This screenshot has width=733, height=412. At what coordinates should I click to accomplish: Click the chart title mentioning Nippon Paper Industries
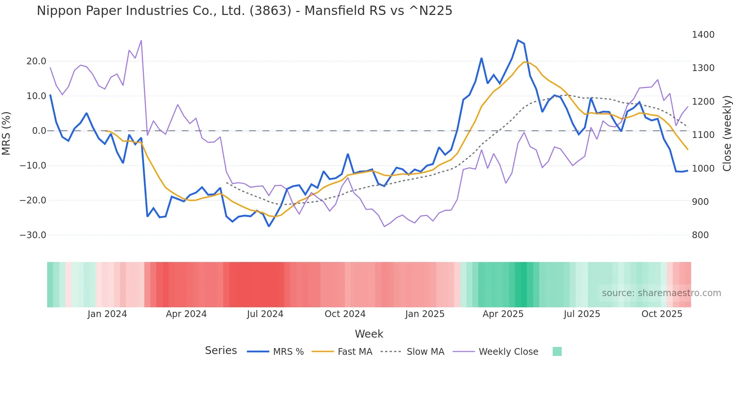[244, 11]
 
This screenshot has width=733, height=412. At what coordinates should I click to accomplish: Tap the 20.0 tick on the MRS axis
[36, 61]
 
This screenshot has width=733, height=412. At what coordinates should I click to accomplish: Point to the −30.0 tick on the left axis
[33, 235]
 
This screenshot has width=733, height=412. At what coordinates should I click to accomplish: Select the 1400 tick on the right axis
[703, 35]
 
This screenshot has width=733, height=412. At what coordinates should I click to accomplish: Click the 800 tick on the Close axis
[700, 235]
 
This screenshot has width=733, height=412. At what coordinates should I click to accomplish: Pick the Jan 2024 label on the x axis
[107, 314]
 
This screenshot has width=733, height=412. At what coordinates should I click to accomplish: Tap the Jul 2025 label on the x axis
[582, 314]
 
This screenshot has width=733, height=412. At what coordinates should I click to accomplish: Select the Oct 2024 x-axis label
[345, 314]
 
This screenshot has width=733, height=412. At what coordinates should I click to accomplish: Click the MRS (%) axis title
[6, 133]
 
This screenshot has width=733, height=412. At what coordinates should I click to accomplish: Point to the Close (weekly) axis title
[727, 133]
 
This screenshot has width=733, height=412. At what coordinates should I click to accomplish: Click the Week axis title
[369, 334]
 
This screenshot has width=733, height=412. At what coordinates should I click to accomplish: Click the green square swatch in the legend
[557, 351]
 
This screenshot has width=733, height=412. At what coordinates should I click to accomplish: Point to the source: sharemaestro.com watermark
[661, 293]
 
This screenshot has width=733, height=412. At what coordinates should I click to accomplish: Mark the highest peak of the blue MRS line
[518, 40]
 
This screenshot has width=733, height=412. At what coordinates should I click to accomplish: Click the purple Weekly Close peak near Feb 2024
[141, 40]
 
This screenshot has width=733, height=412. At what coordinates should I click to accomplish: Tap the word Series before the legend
[221, 351]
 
